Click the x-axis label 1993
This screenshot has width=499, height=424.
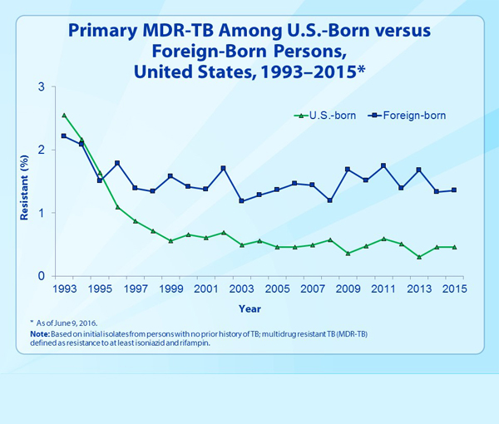(x=64, y=288)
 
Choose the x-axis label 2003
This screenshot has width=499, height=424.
(x=242, y=288)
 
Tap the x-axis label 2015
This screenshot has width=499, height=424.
(x=454, y=288)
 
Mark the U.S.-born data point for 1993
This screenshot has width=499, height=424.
(x=64, y=115)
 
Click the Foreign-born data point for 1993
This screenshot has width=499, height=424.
(x=64, y=136)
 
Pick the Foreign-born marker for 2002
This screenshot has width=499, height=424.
(x=224, y=169)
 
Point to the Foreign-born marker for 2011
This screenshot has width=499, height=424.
(x=383, y=165)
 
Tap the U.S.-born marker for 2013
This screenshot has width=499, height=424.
(x=419, y=257)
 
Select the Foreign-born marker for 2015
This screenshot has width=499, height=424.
(x=454, y=190)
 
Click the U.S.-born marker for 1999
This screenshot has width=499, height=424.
(x=170, y=241)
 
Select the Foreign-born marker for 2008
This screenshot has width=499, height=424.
(x=330, y=200)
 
